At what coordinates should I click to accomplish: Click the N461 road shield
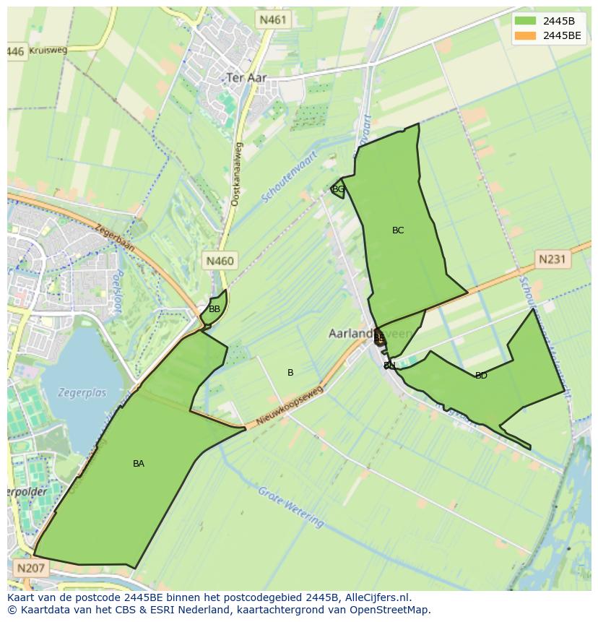pos(274,20)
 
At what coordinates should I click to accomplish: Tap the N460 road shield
pos(220,261)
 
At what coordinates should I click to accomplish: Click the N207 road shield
pos(30,568)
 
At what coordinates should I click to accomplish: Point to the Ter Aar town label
pos(246,77)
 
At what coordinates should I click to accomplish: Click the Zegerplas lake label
pos(83,393)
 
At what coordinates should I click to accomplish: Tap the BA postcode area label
pos(139,464)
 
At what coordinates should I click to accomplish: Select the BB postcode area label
pos(214,309)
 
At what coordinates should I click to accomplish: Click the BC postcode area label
pos(398,230)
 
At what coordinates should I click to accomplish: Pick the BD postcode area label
pos(481,376)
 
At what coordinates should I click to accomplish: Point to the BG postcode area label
pos(338,189)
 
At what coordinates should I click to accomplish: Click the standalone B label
pos(290,373)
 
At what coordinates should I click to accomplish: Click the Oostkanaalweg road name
pos(237,175)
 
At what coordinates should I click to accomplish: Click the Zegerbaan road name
pos(114,236)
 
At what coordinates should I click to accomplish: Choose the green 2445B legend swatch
pos(525,21)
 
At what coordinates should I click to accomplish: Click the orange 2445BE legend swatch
pos(525,35)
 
